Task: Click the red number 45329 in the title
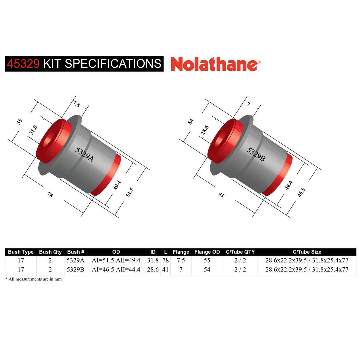(x=23, y=64)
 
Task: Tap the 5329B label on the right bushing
(x=256, y=154)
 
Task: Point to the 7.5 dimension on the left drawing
(x=77, y=104)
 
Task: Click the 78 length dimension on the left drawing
(x=50, y=195)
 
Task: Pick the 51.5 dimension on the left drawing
(x=129, y=192)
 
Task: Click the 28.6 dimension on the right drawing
(x=205, y=130)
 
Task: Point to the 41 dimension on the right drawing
(x=221, y=195)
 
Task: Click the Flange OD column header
(x=207, y=252)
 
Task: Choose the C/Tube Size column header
(x=307, y=252)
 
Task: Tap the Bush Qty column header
(x=50, y=252)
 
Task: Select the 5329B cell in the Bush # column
(x=76, y=269)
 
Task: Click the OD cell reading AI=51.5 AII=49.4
(x=116, y=260)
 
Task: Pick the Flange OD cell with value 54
(x=207, y=269)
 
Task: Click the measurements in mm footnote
(x=33, y=279)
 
